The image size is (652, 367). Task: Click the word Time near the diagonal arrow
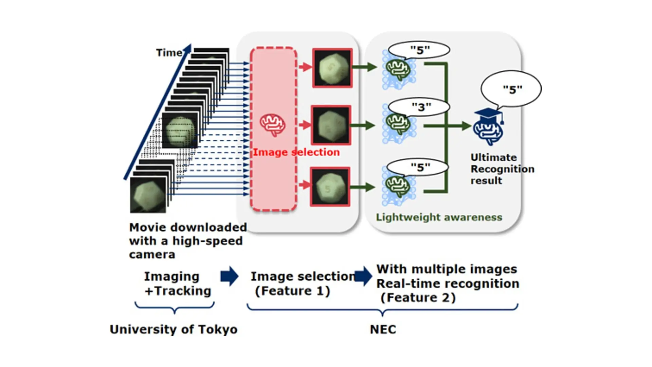[169, 53]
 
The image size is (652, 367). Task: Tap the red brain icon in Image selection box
[272, 125]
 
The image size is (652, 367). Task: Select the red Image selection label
[296, 152]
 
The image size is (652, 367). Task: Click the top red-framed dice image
[332, 68]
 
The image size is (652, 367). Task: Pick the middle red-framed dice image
[331, 125]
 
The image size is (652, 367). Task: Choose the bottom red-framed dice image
[330, 187]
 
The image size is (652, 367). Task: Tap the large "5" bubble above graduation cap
[511, 89]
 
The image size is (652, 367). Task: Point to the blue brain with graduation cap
[488, 127]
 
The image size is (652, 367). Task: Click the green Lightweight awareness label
[439, 217]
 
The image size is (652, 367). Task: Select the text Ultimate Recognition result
[502, 169]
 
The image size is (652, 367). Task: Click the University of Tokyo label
[174, 329]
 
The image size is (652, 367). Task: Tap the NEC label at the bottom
[383, 329]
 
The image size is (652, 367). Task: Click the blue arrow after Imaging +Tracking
[230, 276]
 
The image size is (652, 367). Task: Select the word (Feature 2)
[418, 298]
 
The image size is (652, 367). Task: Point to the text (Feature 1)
[292, 291]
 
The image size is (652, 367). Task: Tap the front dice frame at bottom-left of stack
[148, 195]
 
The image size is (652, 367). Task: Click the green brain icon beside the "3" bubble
[398, 124]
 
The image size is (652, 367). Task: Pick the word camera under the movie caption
[152, 255]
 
